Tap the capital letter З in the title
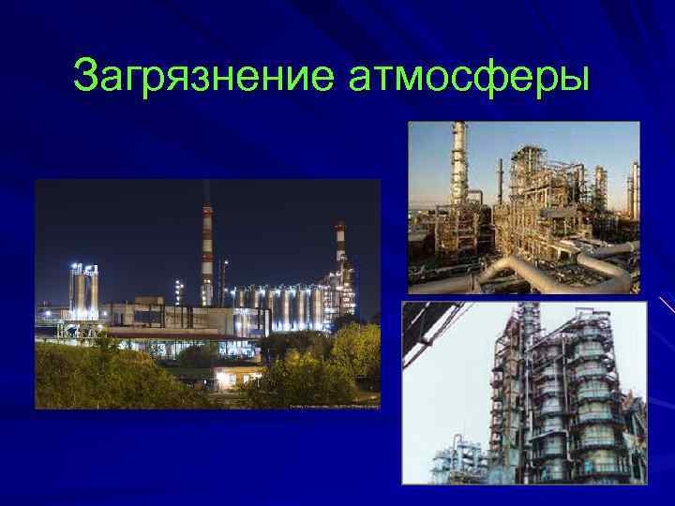coord(86,75)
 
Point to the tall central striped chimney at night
coord(207,248)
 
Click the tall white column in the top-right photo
coord(458,178)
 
